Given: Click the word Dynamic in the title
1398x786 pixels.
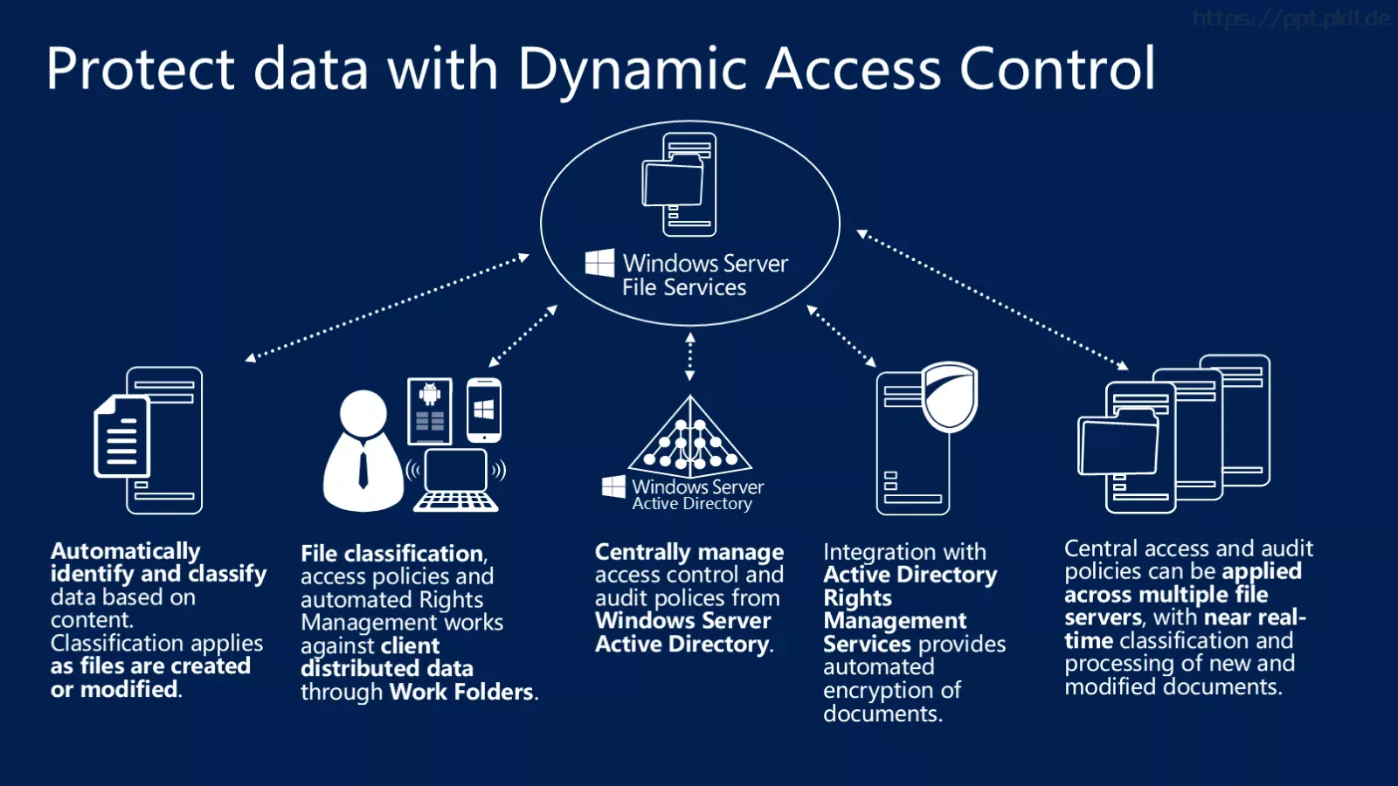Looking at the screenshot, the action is [x=632, y=70].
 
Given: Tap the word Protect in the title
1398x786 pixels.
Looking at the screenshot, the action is [x=141, y=69].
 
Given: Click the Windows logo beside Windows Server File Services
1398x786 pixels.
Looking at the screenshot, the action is [x=599, y=263].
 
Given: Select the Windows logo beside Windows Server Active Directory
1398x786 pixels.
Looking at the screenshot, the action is [x=613, y=486].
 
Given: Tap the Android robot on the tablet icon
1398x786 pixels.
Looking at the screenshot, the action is [x=429, y=394].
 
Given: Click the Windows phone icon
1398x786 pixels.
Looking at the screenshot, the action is [x=484, y=410].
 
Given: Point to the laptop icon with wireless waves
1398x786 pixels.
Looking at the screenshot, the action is [x=456, y=479].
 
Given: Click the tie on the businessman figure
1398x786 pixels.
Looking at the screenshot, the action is [x=363, y=469].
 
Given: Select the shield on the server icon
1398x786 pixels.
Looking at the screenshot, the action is [x=949, y=396].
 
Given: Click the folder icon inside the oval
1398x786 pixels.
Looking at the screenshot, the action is [x=673, y=183].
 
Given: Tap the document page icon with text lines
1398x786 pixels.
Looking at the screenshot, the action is [x=121, y=437].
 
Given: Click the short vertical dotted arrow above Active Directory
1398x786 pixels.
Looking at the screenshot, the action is [x=689, y=356].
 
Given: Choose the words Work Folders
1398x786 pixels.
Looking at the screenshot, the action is [x=461, y=692].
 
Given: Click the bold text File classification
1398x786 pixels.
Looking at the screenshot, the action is [x=392, y=554].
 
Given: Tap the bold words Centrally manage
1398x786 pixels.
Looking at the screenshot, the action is [x=689, y=552].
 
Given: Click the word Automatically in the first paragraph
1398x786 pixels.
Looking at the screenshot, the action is [x=126, y=551].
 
